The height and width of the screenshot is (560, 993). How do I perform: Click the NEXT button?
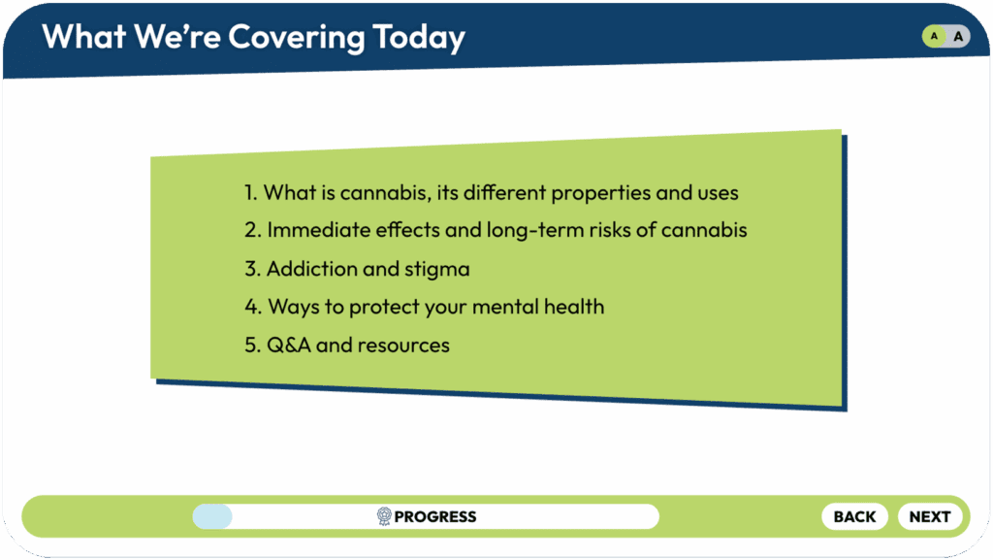(930, 517)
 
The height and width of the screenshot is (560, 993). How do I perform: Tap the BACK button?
(854, 517)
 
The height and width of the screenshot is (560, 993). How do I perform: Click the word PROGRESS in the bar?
(435, 517)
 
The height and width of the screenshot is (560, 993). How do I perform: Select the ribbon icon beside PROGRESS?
(384, 517)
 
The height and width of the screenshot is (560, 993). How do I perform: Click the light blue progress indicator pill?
(212, 517)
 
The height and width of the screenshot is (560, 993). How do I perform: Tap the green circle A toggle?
(934, 36)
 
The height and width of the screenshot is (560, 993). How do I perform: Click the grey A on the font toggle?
(958, 36)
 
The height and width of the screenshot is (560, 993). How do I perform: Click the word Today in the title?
(419, 38)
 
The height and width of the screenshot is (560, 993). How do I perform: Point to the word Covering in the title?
(297, 38)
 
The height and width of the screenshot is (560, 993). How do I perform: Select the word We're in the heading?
(177, 37)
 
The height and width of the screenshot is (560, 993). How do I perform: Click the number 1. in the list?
(251, 192)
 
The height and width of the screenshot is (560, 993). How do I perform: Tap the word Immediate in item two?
(318, 230)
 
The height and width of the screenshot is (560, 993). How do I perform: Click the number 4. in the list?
(253, 307)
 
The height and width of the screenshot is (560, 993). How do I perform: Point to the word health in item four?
(574, 307)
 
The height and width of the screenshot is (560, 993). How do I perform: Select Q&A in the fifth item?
(289, 346)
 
